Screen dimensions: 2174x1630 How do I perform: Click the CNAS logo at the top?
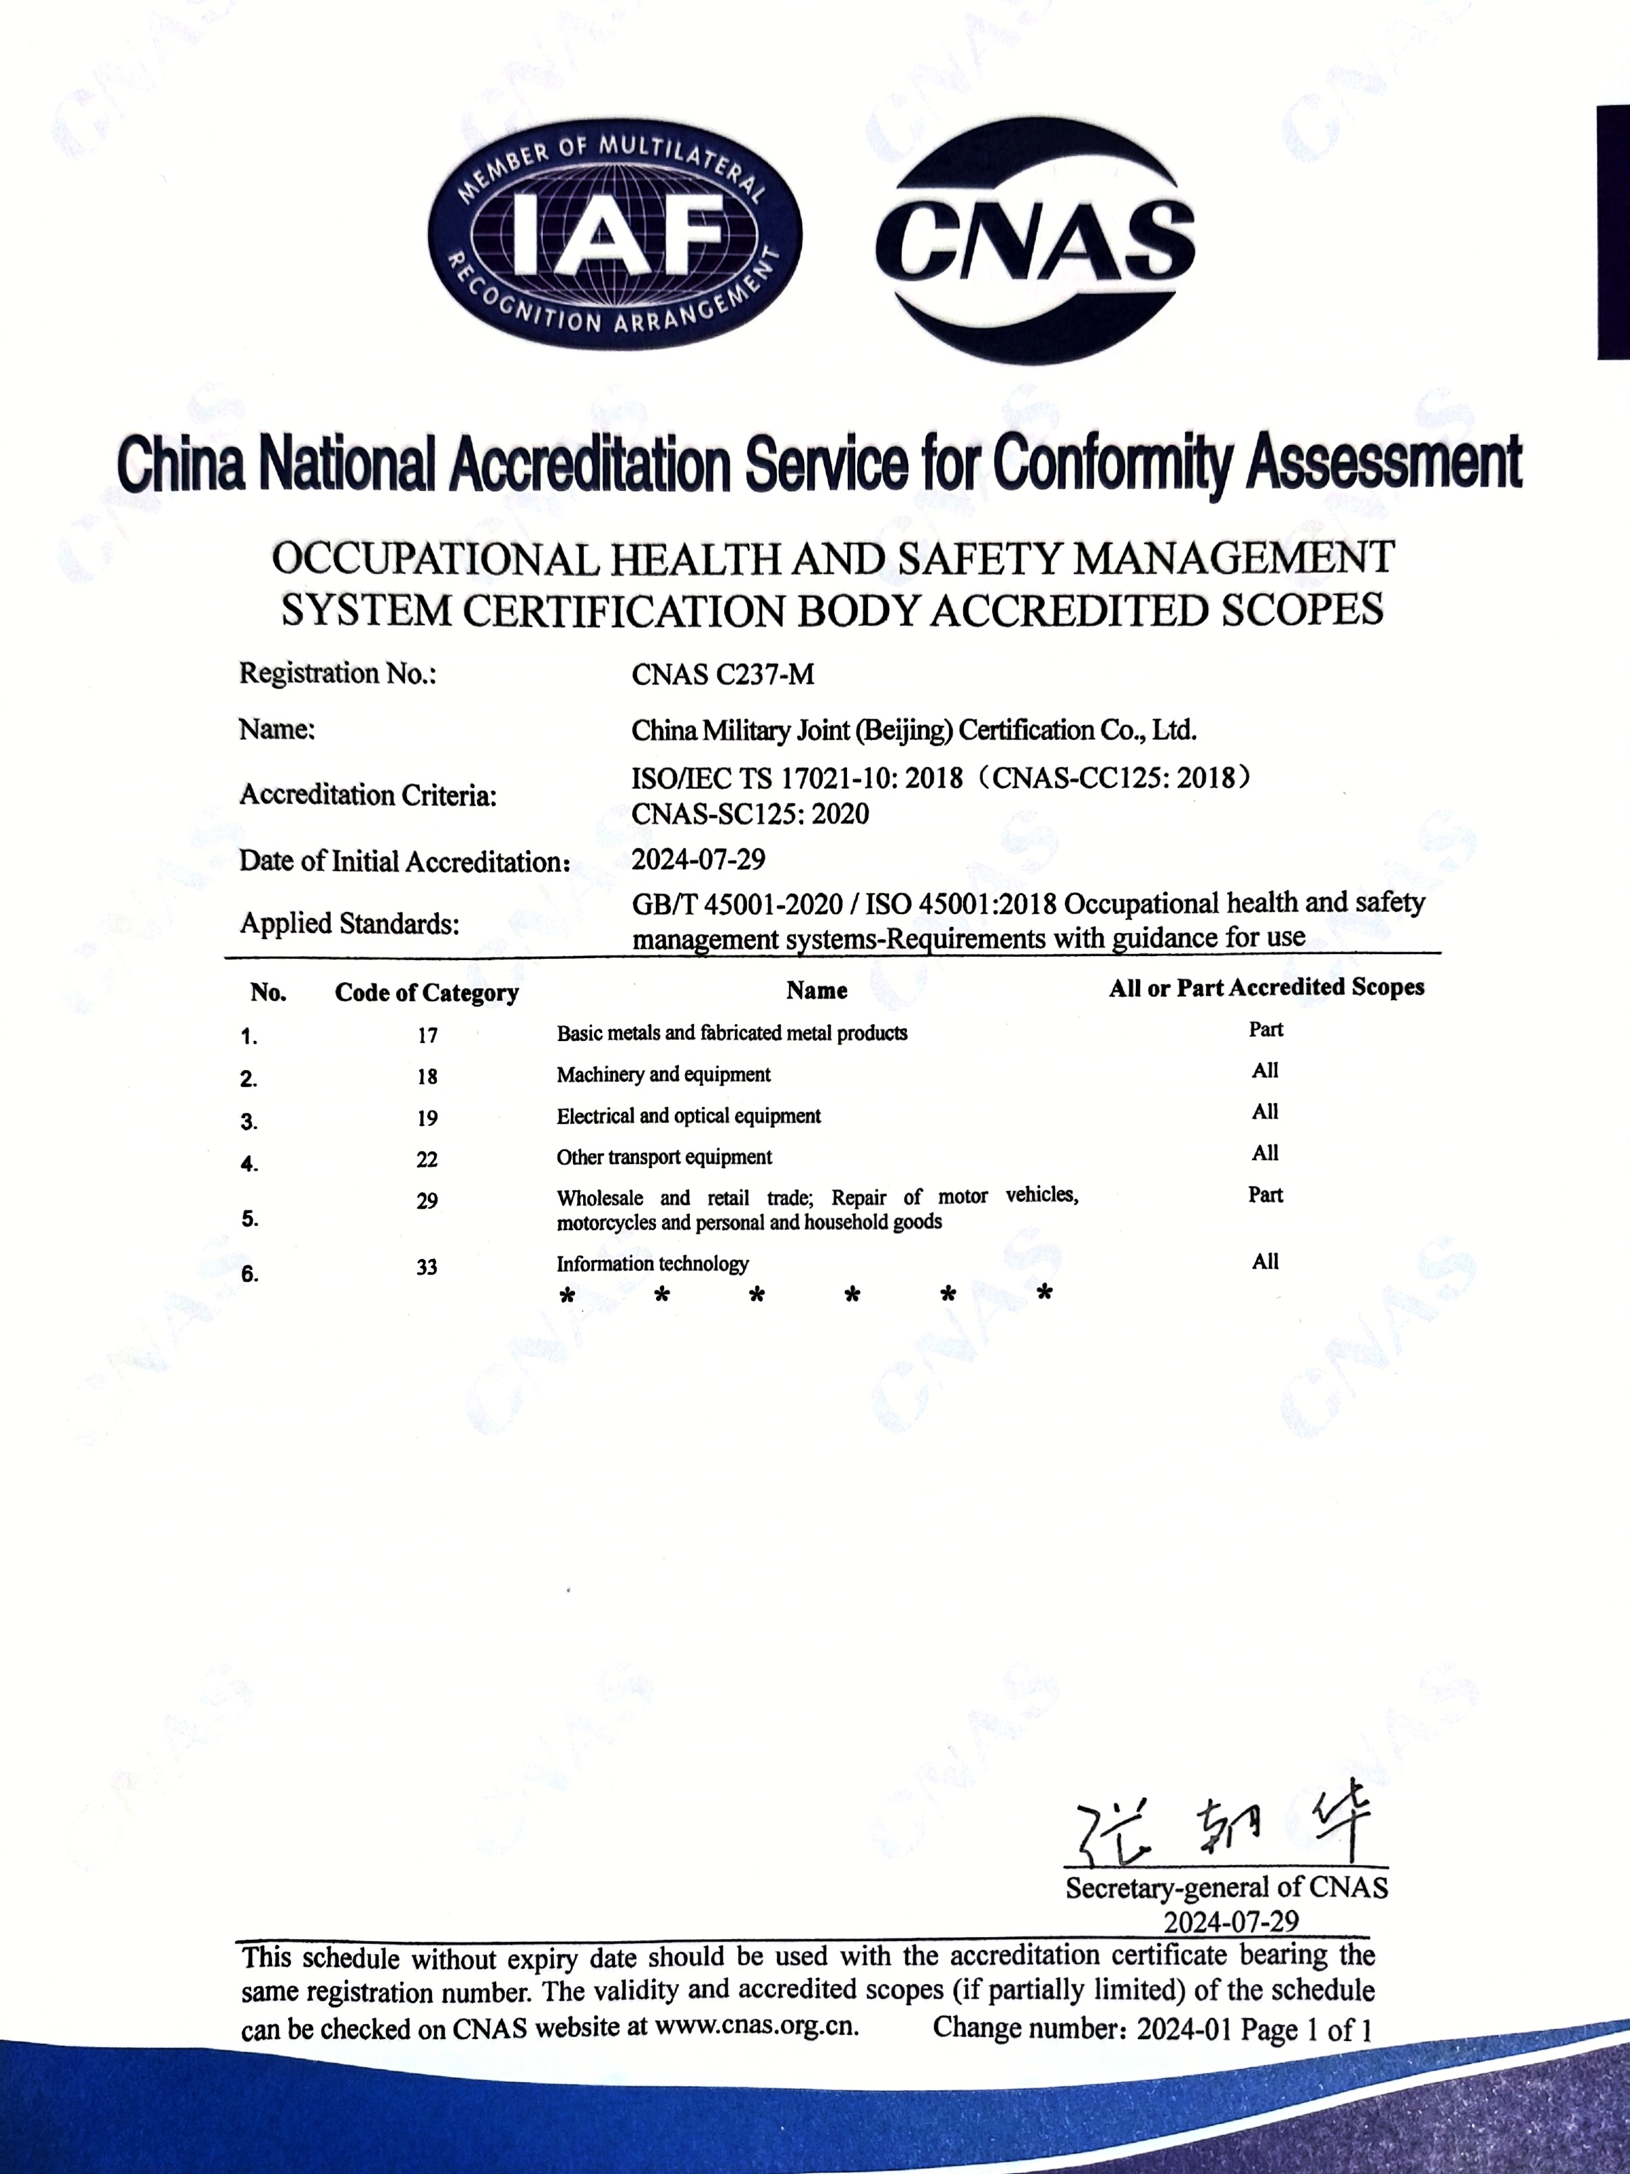1035,239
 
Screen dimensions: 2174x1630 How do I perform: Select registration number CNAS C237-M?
722,674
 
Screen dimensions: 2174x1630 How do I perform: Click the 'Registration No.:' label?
337,674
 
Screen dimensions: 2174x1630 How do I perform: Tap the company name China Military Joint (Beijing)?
914,731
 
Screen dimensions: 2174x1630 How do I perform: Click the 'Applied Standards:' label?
350,923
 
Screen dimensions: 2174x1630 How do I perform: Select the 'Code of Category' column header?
427,992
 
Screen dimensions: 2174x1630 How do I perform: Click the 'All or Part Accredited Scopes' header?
1266,988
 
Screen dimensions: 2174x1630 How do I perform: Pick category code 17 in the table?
427,1035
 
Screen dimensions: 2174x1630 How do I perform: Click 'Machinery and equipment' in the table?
663,1074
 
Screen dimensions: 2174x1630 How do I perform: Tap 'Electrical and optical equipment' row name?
688,1115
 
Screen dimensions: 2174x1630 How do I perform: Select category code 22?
427,1159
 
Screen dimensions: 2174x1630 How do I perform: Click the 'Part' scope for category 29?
1264,1194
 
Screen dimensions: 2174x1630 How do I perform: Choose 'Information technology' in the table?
653,1263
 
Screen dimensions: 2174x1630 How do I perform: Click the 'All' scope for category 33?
1264,1262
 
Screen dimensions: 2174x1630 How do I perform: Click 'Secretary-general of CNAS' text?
1226,1887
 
